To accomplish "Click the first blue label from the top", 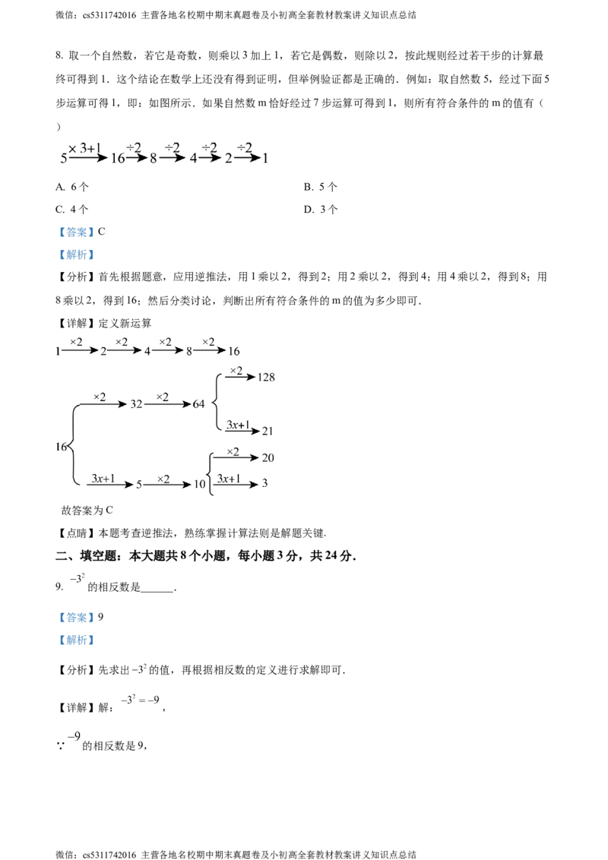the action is click(x=76, y=230).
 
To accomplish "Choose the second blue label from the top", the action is click(x=76, y=255).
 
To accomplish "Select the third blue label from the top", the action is click(x=76, y=617).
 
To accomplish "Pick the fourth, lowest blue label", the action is click(x=76, y=641).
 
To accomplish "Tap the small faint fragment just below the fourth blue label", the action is click(x=138, y=669).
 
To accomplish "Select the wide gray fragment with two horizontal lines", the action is click(x=140, y=700).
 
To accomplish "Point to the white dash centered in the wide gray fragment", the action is click(x=140, y=700).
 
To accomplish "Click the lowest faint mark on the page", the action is click(x=77, y=736).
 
